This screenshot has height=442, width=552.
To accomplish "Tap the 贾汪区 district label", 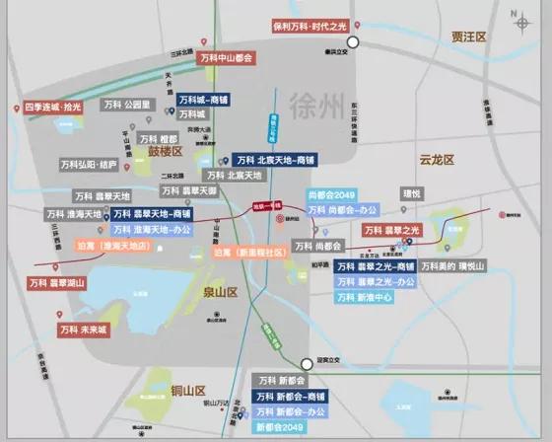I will (x=469, y=37).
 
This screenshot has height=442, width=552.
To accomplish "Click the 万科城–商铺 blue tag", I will (x=206, y=100).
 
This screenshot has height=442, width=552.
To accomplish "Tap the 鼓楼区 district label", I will (x=167, y=153).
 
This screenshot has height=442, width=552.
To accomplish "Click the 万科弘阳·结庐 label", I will (x=88, y=164).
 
